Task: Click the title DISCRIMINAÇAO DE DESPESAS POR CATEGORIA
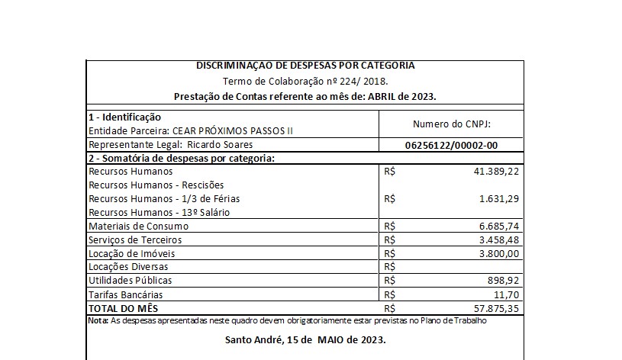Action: pos(305,66)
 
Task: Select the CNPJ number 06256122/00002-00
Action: pos(453,145)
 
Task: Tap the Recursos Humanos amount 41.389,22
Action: pos(496,172)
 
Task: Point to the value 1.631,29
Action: pos(499,199)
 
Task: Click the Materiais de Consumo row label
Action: pos(138,227)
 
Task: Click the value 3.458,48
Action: pos(499,240)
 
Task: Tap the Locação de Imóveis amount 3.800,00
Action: pos(499,253)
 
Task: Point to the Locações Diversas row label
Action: pos(128,267)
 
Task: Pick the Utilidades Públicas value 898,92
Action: pos(504,281)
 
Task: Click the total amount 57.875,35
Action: pos(496,308)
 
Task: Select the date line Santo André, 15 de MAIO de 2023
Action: pos(305,339)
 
